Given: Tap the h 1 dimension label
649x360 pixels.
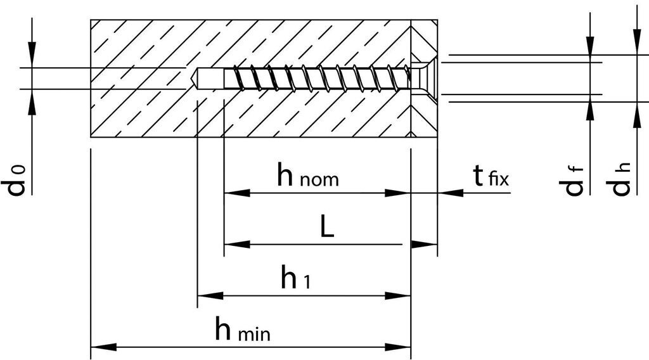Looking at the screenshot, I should click(295, 279).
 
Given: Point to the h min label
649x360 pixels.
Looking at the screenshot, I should click(241, 330).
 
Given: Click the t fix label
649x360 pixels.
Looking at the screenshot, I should click(491, 176).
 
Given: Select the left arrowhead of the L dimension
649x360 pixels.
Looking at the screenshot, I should click(236, 244).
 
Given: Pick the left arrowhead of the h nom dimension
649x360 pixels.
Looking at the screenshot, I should click(236, 193).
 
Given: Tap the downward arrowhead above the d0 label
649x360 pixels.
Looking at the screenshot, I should click(32, 55).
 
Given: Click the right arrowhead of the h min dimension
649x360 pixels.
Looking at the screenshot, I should click(399, 347).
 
